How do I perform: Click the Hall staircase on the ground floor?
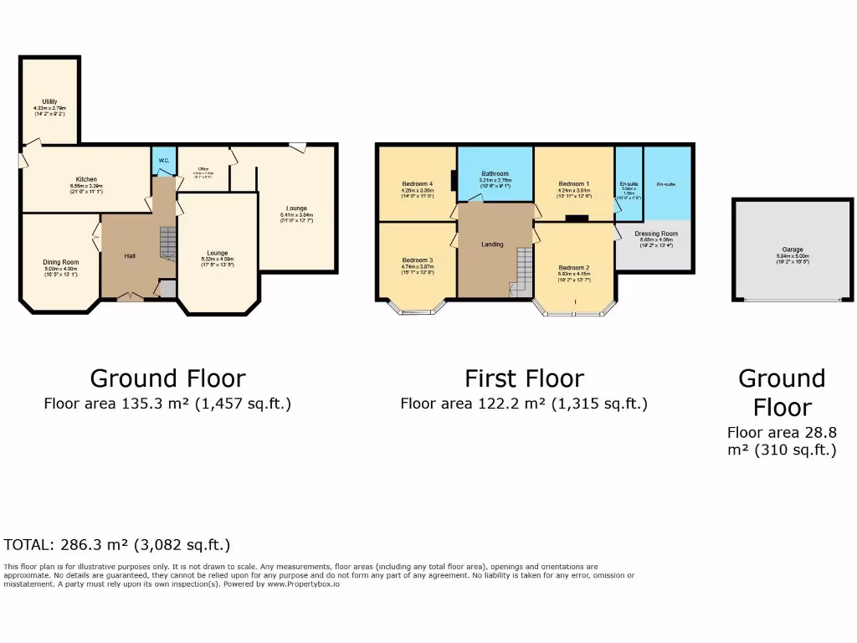[168, 244]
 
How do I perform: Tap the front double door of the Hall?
[129, 296]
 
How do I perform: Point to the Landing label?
[492, 244]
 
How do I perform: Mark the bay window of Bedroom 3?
[416, 310]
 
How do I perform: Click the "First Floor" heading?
[524, 378]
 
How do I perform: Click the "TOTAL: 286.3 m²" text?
[116, 544]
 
